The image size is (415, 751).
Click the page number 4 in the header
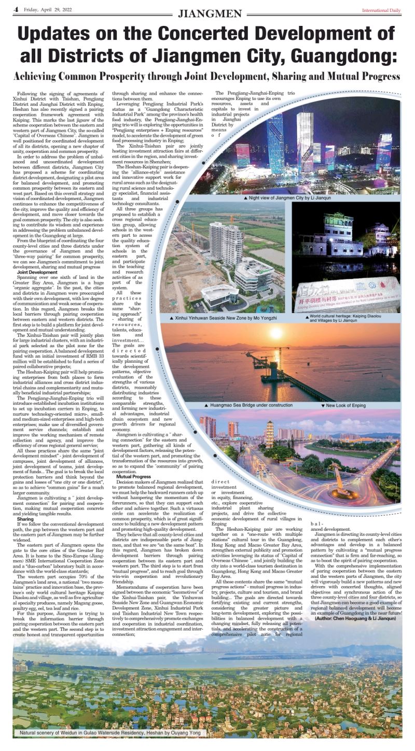[x=16, y=9]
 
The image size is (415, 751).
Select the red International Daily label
[x=381, y=10]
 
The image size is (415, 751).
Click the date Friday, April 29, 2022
[x=44, y=10]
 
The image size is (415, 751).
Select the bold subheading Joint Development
[x=37, y=272]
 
